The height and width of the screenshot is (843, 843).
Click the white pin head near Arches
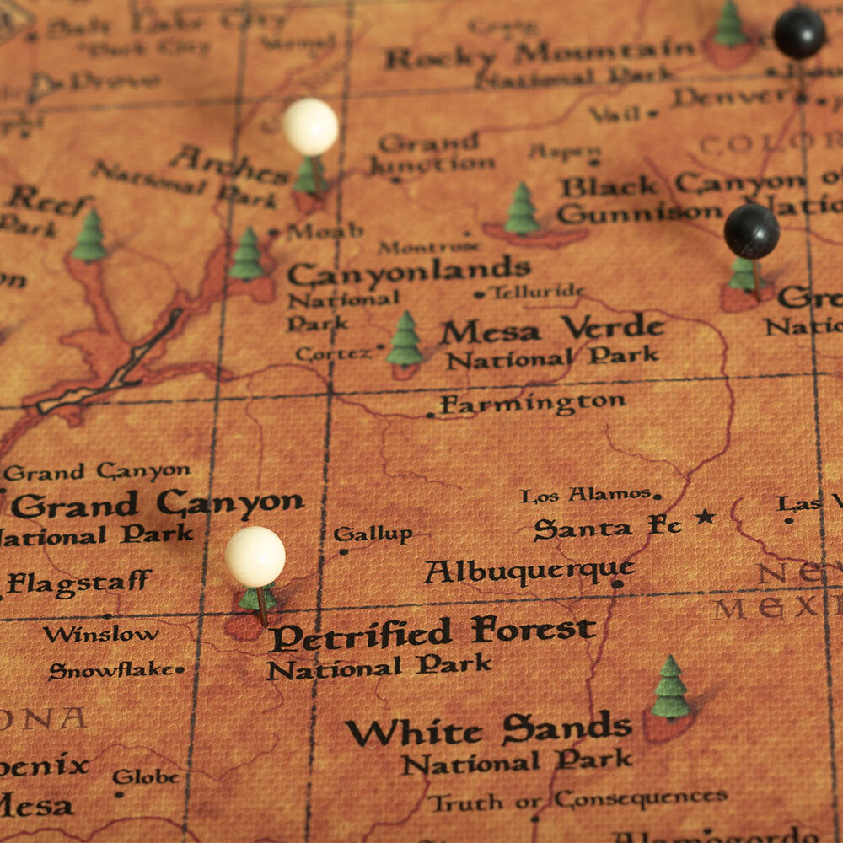(x=310, y=127)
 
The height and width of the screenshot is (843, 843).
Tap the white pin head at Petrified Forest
(x=255, y=557)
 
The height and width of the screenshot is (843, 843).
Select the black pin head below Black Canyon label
(x=751, y=231)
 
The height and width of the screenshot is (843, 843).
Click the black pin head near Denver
(x=799, y=33)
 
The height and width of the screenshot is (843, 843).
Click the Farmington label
(x=533, y=404)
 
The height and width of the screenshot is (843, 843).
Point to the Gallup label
(x=373, y=534)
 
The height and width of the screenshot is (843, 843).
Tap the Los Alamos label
(x=585, y=496)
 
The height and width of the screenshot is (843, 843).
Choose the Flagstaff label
(x=79, y=582)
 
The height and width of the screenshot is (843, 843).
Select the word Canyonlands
(x=409, y=271)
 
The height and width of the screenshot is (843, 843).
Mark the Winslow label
(x=100, y=634)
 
